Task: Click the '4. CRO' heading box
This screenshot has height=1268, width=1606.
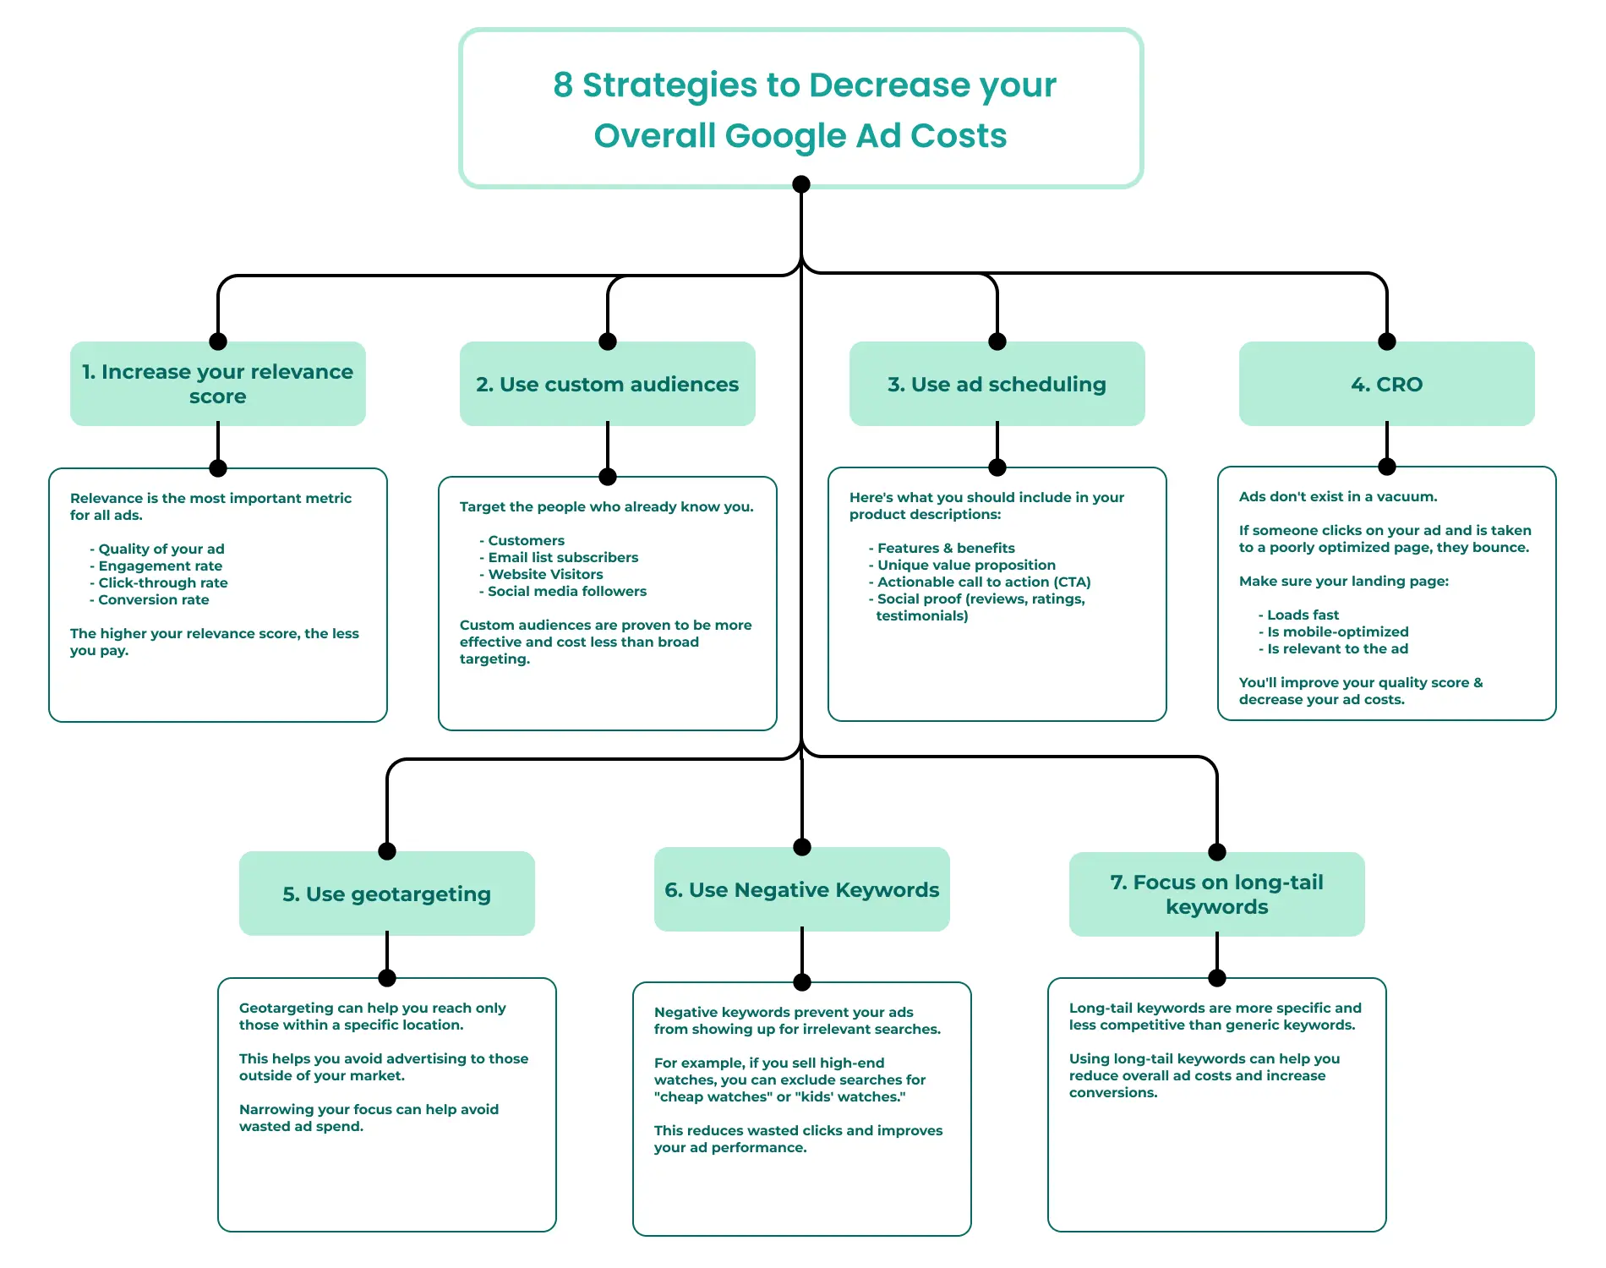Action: coord(1386,384)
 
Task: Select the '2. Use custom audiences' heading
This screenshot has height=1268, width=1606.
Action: coord(607,384)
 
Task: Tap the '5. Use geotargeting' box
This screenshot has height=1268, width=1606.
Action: coord(386,894)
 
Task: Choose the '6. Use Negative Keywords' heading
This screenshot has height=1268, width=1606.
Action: coord(801,889)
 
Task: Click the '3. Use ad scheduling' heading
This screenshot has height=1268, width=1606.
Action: coord(997,384)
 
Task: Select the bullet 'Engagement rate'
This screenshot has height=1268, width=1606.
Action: coord(160,566)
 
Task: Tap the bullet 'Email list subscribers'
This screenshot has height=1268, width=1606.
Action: coord(562,557)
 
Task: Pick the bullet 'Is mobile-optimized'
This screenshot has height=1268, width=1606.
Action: coord(1337,631)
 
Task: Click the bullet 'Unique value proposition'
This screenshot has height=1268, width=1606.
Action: coord(965,565)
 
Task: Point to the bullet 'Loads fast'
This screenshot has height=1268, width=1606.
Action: coord(1302,615)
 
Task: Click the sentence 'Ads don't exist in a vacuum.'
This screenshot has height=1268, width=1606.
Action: coord(1338,496)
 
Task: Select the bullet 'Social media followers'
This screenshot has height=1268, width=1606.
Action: coord(566,591)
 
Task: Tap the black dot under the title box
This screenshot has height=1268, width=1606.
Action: coord(801,184)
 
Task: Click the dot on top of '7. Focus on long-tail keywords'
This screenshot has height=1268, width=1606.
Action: coord(1216,851)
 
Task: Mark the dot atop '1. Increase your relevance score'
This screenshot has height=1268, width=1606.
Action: coord(218,342)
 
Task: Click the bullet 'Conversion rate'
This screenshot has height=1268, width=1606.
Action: coord(153,599)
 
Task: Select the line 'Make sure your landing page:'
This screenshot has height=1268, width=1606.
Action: coord(1343,581)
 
